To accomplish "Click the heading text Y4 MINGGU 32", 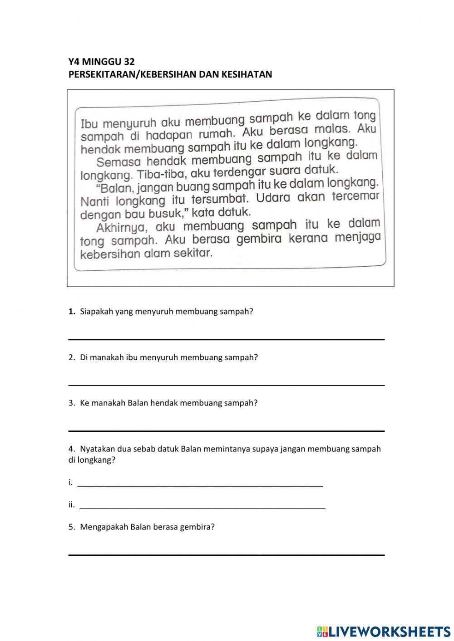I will (101, 62).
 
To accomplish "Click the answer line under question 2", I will (226, 385).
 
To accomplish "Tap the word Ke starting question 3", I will (84, 403).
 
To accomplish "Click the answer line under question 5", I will (226, 554).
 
